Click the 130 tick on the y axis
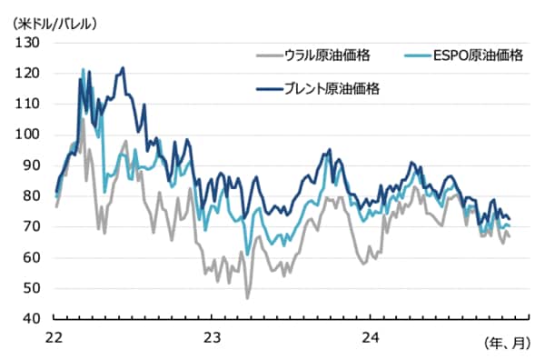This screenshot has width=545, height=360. coord(27,43)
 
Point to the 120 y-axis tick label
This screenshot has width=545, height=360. coord(27,74)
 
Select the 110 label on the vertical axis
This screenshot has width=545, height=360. coord(27,105)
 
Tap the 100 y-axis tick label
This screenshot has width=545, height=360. coord(27,135)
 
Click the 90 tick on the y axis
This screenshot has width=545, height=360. coord(30,165)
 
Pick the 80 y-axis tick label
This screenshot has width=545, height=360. coord(30,196)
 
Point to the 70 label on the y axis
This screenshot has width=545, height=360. coord(30,227)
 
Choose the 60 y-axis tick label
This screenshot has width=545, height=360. coord(30,258)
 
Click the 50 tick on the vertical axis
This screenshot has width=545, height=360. coord(30,289)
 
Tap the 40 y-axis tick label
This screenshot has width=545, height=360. coord(30,319)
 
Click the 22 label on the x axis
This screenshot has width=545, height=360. coord(54,335)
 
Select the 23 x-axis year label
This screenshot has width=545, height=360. coord(211,335)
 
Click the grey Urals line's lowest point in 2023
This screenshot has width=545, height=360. coord(247,298)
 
